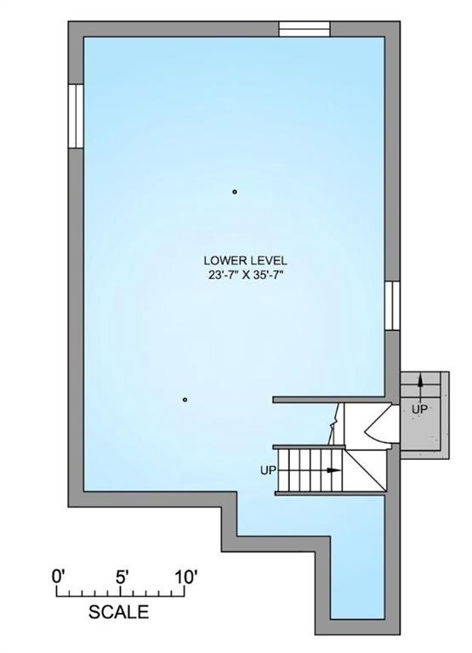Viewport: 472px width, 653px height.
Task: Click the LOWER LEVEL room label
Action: (x=245, y=261)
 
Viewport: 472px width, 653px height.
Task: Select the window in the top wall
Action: (x=304, y=29)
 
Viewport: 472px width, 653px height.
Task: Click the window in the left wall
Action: (x=76, y=116)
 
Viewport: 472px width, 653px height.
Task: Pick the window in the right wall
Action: (x=392, y=306)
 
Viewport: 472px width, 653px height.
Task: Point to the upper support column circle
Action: (x=235, y=192)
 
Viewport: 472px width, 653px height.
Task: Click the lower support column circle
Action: (x=185, y=400)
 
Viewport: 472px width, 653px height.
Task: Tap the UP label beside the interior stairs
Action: (x=268, y=470)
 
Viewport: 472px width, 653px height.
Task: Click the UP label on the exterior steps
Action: (x=419, y=410)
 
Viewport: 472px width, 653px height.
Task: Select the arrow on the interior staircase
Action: (x=333, y=470)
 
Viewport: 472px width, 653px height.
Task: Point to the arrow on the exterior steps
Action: (x=420, y=382)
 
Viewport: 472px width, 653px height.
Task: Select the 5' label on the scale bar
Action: (x=122, y=578)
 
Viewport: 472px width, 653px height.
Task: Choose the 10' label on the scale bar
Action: (x=185, y=578)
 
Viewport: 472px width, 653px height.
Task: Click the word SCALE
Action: (x=119, y=612)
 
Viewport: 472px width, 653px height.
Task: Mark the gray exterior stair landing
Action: (x=424, y=415)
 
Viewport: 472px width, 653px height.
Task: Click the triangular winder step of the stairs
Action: (x=367, y=470)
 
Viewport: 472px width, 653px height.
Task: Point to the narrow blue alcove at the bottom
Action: (x=357, y=576)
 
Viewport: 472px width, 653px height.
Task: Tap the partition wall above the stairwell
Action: (x=329, y=400)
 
